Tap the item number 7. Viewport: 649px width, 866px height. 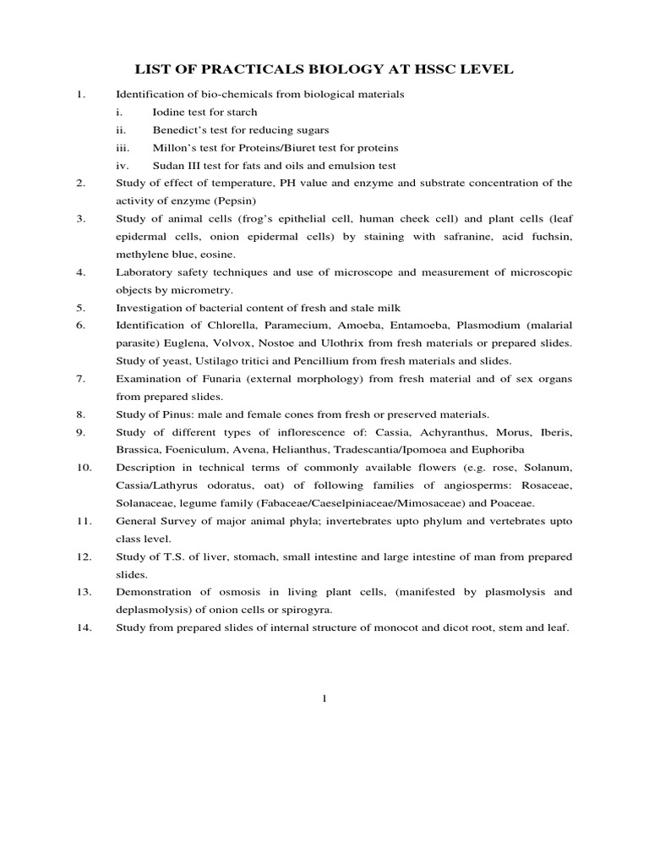pos(80,379)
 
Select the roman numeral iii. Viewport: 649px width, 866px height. pos(124,147)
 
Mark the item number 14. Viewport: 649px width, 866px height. pos(83,628)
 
